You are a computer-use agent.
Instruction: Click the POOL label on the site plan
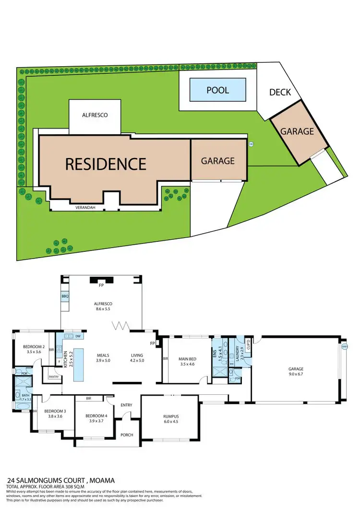[x=217, y=90]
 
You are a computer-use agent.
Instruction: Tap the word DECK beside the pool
[x=280, y=92]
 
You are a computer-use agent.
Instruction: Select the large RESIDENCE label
[x=106, y=164]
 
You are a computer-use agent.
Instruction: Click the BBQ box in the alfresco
[x=65, y=297]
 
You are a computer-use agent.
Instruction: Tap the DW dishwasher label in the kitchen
[x=78, y=336]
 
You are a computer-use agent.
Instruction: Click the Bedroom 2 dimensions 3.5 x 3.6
[x=34, y=352]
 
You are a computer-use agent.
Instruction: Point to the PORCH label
[x=127, y=435]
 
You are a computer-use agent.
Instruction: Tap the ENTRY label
[x=126, y=405]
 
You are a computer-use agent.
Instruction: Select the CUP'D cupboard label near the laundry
[x=249, y=344]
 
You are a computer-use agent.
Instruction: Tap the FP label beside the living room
[x=152, y=343]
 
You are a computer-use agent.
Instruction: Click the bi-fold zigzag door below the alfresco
[x=121, y=326]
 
